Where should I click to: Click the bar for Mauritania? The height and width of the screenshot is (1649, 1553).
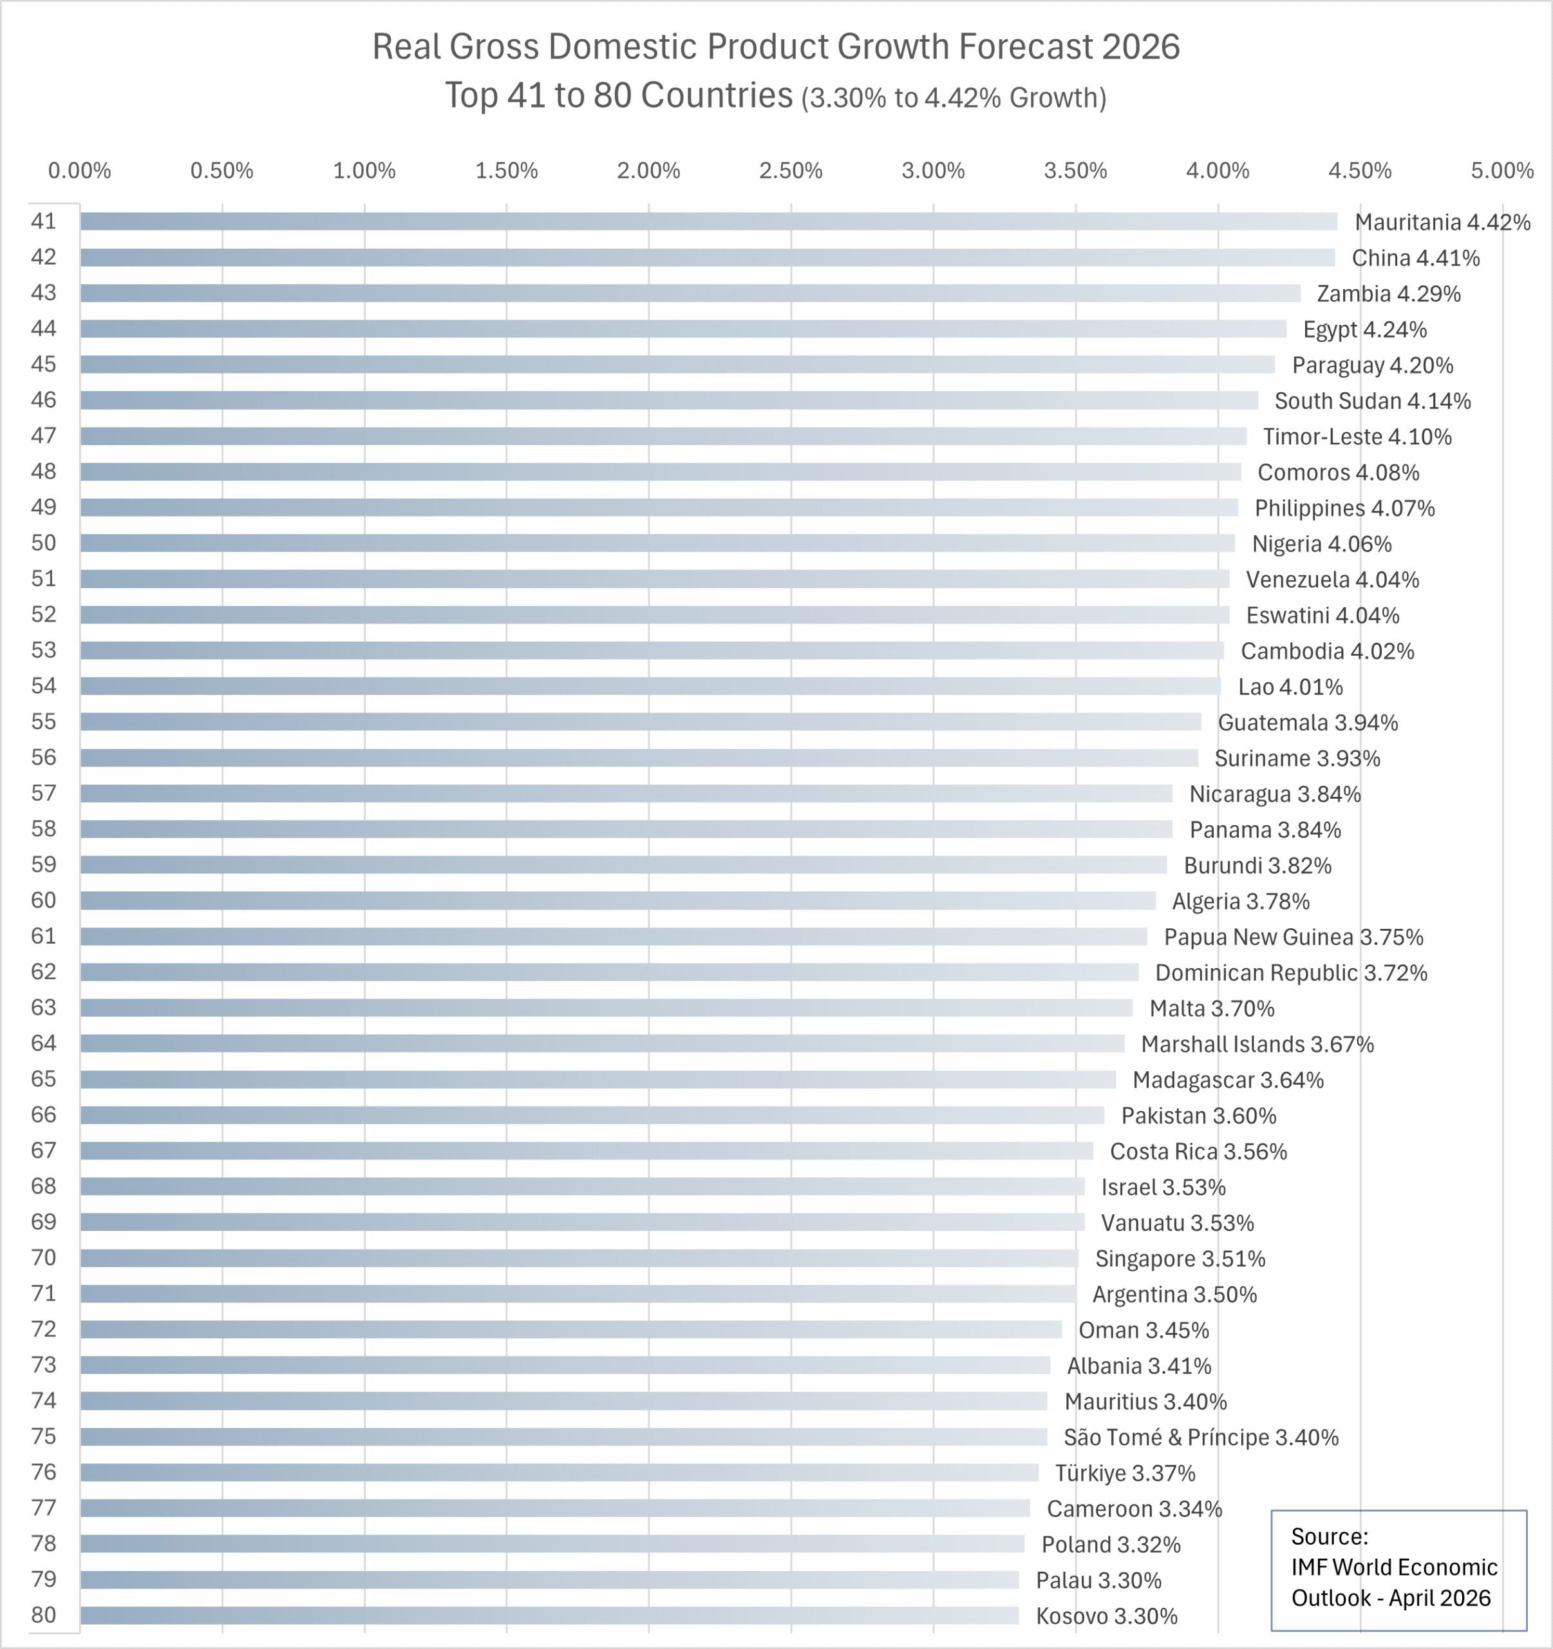tap(709, 222)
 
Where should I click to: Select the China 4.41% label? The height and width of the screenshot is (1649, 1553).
tap(1415, 258)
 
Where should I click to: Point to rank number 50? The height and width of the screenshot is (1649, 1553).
tap(44, 542)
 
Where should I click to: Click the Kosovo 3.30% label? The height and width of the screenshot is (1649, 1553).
tap(1106, 1616)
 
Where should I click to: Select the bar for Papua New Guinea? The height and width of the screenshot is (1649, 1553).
tap(614, 937)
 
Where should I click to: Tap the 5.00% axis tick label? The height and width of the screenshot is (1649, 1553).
tap(1501, 171)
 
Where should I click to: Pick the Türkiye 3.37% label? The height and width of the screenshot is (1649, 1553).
tap(1124, 1473)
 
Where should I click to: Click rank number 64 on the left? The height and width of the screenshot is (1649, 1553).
tap(44, 1043)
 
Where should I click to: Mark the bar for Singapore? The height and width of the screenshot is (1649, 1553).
tap(579, 1258)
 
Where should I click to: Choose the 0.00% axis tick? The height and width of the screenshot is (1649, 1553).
tap(80, 171)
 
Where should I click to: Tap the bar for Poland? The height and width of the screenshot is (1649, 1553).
tap(552, 1543)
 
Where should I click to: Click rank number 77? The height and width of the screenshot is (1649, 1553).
tap(44, 1507)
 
